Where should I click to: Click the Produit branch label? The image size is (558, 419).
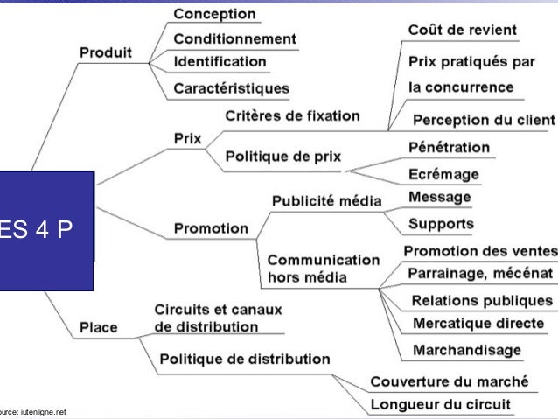pos(106,52)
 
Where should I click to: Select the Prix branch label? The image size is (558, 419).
pos(188,138)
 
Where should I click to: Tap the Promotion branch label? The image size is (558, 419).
pos(211,229)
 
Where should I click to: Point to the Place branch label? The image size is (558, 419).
pos(99,328)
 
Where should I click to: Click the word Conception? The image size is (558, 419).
pos(214,14)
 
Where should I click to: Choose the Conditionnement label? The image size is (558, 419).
pos(234,39)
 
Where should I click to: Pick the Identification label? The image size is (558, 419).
pos(220,62)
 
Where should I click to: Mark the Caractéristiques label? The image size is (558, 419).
pos(232,88)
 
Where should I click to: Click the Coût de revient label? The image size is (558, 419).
pos(463,30)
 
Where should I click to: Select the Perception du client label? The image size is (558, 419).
pos(484,120)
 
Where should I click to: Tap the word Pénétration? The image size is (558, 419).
pos(450,147)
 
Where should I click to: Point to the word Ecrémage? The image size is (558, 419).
pos(443,174)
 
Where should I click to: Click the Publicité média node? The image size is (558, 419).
pos(327,200)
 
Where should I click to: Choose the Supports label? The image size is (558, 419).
pos(441,224)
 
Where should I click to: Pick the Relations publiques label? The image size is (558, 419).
pos(482,301)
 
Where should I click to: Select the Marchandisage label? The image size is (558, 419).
pos(466,350)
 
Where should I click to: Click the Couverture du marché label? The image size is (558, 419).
pos(450,382)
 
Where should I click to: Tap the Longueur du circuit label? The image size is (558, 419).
pos(441,405)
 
